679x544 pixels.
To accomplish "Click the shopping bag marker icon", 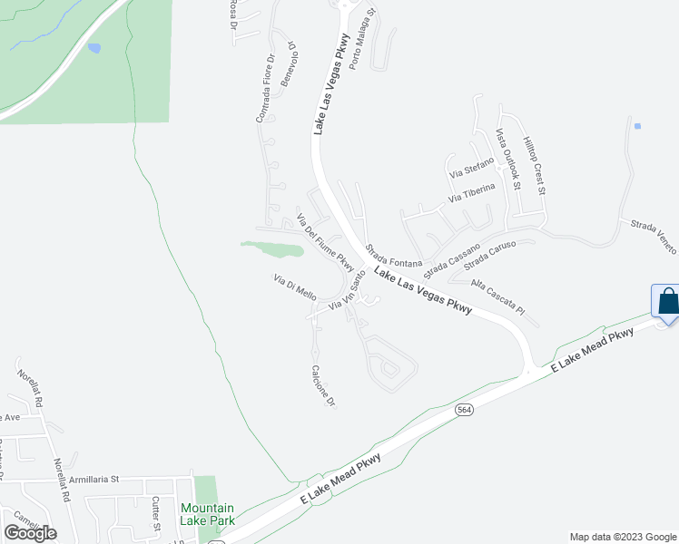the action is pyautogui.click(x=667, y=302).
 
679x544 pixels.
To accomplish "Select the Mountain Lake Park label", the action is pyautogui.click(x=207, y=514).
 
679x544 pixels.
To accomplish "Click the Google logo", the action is pyautogui.click(x=30, y=533).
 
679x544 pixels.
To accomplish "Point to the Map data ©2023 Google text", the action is pyautogui.click(x=622, y=537).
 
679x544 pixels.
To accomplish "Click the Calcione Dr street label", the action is pyautogui.click(x=324, y=385).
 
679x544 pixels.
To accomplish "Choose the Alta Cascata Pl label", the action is pyautogui.click(x=498, y=296).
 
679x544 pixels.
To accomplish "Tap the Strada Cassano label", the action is pyautogui.click(x=451, y=259).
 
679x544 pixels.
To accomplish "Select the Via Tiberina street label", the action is pyautogui.click(x=471, y=193).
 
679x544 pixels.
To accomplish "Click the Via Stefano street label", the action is pyautogui.click(x=471, y=167).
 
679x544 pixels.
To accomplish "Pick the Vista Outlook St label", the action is pyautogui.click(x=507, y=160).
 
